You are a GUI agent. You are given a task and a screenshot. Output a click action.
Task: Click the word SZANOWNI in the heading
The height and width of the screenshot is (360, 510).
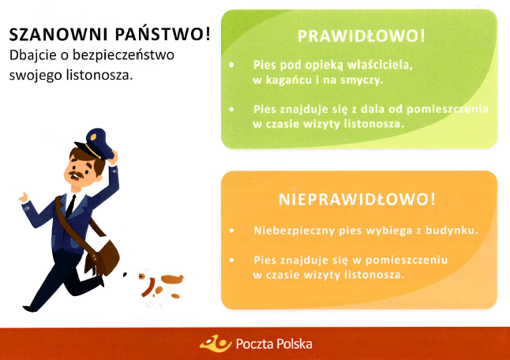click(x=59, y=35)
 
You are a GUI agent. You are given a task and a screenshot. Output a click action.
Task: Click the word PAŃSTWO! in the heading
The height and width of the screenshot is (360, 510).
click(x=163, y=34)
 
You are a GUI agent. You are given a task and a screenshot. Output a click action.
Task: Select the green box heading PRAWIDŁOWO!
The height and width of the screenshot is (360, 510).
click(x=361, y=36)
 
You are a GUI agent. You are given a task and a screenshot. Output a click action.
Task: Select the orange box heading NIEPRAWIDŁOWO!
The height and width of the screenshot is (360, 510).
click(x=357, y=199)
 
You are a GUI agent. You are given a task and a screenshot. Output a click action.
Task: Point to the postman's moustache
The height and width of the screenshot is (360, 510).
click(x=77, y=174)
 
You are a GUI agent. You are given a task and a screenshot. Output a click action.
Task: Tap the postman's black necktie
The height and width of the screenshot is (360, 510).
click(x=70, y=206)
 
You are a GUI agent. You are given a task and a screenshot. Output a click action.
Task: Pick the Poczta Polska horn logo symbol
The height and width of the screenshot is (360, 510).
click(x=216, y=343)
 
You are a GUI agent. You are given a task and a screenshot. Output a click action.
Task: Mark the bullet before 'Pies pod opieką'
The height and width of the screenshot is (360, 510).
click(x=231, y=65)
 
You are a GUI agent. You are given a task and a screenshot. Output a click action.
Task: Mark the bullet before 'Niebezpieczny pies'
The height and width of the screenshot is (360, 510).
click(x=231, y=231)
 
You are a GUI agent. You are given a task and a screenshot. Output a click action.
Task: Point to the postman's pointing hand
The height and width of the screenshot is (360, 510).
click(x=24, y=197)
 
